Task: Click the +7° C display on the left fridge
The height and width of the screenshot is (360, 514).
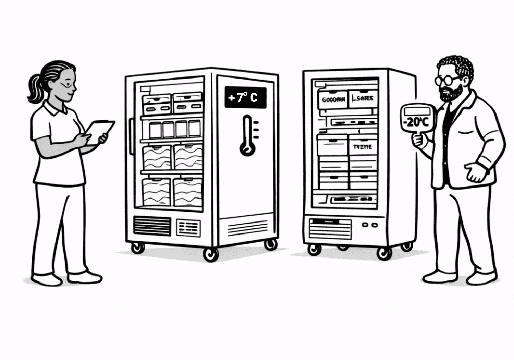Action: (245, 98)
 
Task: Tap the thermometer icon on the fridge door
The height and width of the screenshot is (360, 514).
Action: (247, 135)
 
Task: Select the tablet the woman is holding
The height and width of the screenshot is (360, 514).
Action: (99, 132)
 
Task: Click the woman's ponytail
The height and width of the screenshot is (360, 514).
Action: (34, 87)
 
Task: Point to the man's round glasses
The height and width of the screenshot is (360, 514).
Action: (445, 81)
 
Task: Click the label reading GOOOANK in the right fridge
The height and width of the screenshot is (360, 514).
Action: (333, 100)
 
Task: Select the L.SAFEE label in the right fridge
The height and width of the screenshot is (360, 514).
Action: (363, 99)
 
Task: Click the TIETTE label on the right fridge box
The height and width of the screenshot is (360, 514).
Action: (362, 147)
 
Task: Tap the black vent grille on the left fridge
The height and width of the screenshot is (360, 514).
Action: (152, 226)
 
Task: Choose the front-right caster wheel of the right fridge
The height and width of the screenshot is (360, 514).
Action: (384, 253)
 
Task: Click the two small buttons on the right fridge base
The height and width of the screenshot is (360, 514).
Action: (369, 225)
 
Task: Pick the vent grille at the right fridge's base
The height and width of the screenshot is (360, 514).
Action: (330, 229)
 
